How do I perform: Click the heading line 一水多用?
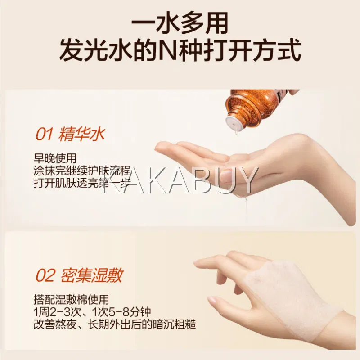point(180,23)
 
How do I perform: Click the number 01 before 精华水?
point(45,135)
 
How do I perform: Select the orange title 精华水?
point(82,134)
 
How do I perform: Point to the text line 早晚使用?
point(55,158)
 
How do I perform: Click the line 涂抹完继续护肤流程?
point(82,171)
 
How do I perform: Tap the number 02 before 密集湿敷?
point(46,275)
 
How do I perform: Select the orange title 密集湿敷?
point(92,275)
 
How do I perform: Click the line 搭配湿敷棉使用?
point(71,300)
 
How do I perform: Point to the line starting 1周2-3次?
point(92,312)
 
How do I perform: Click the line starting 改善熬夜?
point(115,324)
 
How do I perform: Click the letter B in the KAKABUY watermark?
point(201,180)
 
